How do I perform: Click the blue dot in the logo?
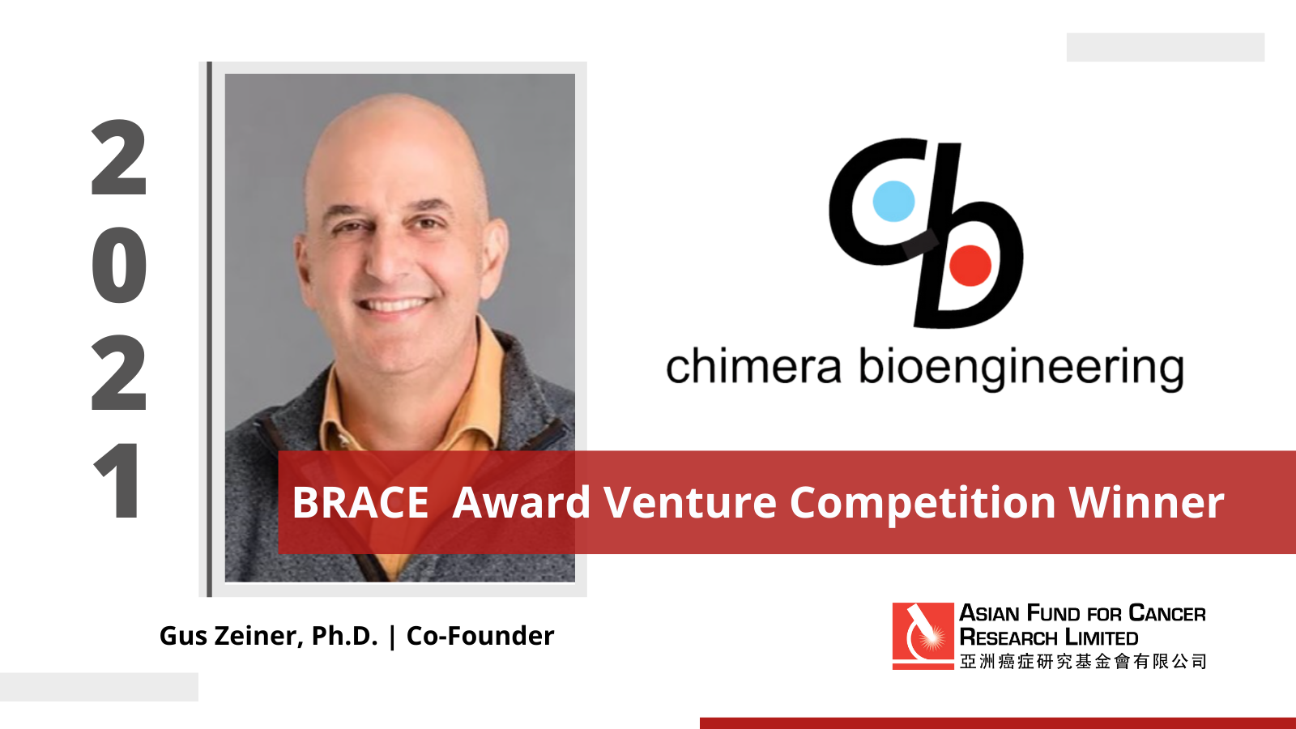893,202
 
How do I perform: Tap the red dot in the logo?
970,266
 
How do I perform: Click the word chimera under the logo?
753,366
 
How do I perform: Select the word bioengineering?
1021,369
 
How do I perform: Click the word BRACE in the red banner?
360,502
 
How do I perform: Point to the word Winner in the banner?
1146,502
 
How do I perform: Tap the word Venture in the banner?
689,502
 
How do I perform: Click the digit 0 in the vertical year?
119,264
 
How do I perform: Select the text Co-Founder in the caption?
480,636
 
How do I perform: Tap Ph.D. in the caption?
345,636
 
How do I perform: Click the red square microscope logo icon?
923,636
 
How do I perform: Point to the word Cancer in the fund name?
1167,613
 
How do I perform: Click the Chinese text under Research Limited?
1082,661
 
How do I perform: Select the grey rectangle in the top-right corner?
1166,47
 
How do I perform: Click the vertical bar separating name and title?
393,637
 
